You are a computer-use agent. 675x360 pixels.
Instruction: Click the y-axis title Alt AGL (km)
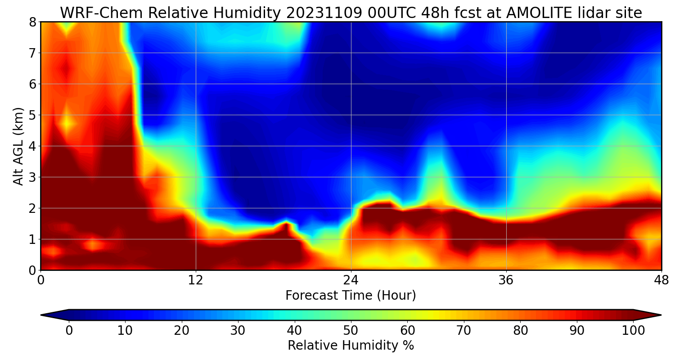[x=18, y=146]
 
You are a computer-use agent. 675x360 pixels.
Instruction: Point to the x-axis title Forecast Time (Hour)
[x=351, y=296]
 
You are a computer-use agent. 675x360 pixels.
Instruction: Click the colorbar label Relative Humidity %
[x=351, y=346]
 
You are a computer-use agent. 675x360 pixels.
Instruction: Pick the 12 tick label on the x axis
[x=196, y=280]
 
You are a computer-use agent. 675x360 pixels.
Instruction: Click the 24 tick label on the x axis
[x=351, y=280]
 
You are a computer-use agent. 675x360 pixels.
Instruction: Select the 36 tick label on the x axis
[x=506, y=280]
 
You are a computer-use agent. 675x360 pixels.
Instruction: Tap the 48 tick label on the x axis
[x=661, y=280]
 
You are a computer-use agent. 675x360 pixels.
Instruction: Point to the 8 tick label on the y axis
[x=32, y=22]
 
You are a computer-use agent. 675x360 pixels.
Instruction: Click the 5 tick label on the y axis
[x=32, y=115]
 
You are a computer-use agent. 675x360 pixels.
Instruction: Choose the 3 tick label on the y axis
[x=32, y=177]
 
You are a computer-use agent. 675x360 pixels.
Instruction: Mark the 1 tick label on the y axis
[x=32, y=239]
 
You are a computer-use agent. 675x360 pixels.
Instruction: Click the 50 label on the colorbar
[x=351, y=330]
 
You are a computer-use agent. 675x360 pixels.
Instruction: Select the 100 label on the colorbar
[x=633, y=330]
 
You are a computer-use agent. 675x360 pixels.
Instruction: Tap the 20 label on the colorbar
[x=181, y=330]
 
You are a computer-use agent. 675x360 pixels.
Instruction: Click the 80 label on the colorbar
[x=520, y=330]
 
